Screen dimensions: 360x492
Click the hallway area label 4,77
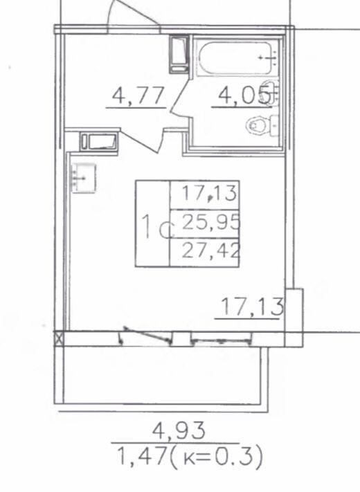tap(138, 95)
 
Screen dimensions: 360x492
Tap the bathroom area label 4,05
tap(244, 95)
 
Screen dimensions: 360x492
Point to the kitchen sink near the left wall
tap(84, 178)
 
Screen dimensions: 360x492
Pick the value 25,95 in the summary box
tap(211, 223)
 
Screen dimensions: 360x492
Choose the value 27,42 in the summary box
tap(211, 250)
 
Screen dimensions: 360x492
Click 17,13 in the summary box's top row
tap(209, 192)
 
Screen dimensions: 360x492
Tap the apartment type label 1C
tap(157, 226)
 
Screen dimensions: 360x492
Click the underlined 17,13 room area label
tap(252, 307)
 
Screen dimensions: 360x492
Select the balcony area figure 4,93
tap(179, 430)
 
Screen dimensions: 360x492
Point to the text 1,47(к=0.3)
tap(189, 457)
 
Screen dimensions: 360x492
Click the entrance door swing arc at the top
tap(132, 12)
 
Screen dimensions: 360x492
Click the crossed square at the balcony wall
tap(59, 339)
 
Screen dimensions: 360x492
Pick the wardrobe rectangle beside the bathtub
tap(179, 55)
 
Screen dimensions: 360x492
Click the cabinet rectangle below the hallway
tap(98, 142)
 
